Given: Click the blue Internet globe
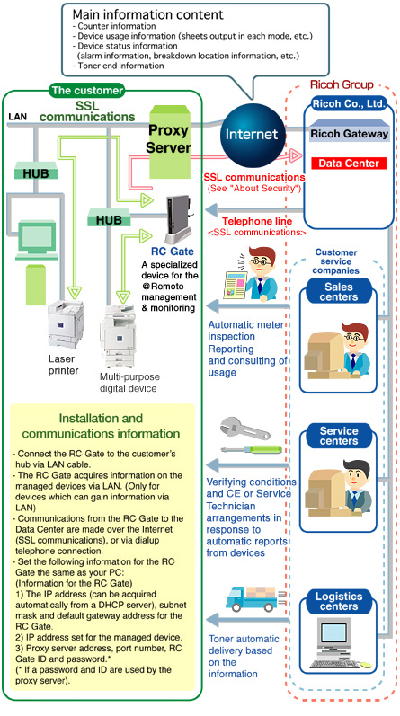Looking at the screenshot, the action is click(x=253, y=133).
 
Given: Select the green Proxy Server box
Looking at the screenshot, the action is click(x=169, y=142).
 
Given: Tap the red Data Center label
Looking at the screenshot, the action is click(x=349, y=164).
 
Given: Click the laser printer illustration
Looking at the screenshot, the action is click(x=66, y=323).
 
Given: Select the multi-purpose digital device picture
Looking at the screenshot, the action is click(x=118, y=336).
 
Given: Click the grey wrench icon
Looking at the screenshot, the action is click(x=244, y=429).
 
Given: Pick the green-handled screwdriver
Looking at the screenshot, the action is click(x=252, y=449).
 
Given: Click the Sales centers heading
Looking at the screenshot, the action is click(x=339, y=292).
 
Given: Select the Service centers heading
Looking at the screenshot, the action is click(x=339, y=436).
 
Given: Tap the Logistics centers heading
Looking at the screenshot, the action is click(x=339, y=601).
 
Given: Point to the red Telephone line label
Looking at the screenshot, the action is click(x=257, y=222).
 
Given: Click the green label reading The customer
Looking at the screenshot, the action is click(x=87, y=91).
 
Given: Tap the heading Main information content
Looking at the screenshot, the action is click(x=148, y=14).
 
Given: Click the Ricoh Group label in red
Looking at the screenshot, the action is click(x=342, y=84).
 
